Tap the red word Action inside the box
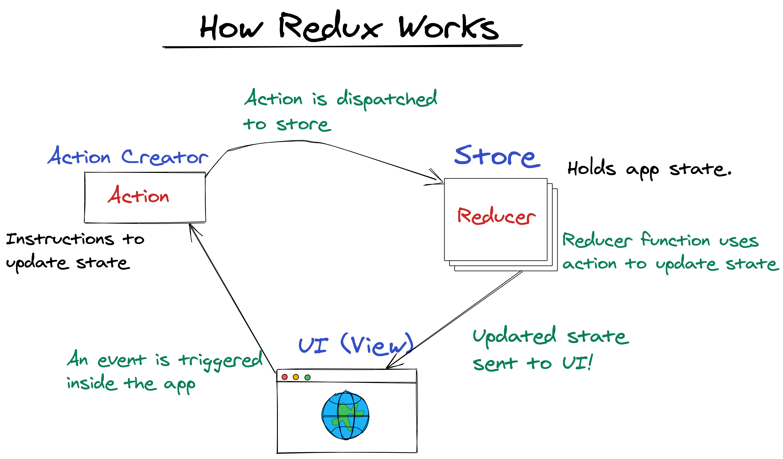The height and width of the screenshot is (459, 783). pos(138,195)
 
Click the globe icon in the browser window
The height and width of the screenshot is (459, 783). pos(346,415)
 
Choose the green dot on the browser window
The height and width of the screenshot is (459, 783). pos(308,377)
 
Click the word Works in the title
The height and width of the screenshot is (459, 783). pos(449,27)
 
